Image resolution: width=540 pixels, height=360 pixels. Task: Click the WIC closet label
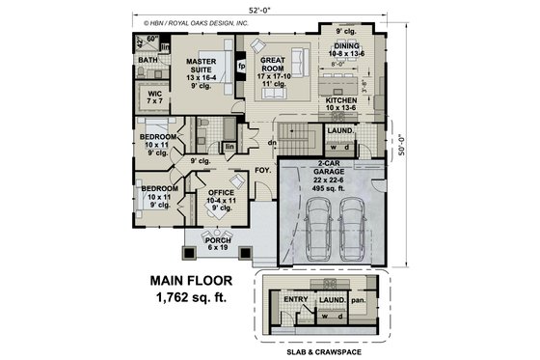coord(153,94)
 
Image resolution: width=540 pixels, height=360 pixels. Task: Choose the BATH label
coord(148,61)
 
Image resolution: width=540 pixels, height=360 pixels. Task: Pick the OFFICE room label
coord(221,192)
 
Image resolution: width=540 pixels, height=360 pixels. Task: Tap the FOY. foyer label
coord(262,172)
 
